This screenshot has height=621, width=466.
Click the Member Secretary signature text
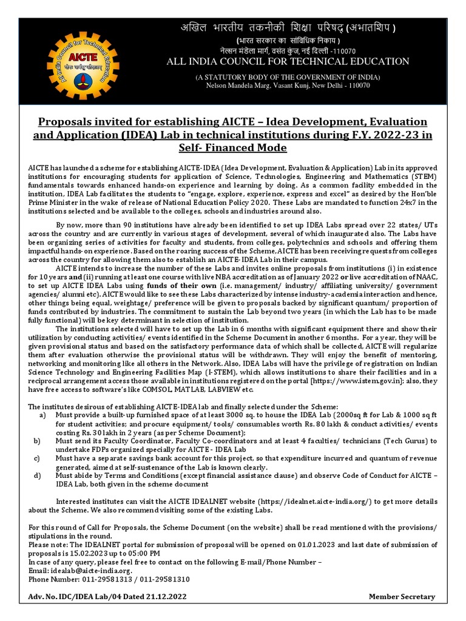click(x=402, y=597)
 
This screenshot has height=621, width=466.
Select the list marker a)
click(x=42, y=397)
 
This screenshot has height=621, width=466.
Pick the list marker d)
click(x=42, y=476)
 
